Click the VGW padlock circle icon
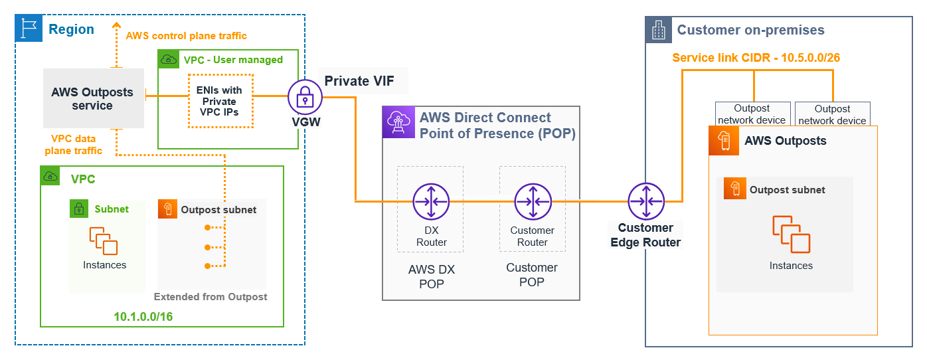pos(305,98)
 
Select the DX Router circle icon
pos(431,202)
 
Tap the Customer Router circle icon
pos(533,202)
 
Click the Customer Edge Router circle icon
pos(646,202)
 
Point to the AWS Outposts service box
pos(93,98)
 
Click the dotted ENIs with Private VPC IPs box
pos(219,101)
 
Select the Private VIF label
pos(359,81)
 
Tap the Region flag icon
pos(29,29)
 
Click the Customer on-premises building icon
pos(658,29)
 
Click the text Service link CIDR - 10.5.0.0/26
pos(756,58)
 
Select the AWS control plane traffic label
pos(186,35)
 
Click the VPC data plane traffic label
pos(73,145)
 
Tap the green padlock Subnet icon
pos(79,209)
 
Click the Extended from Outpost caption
pos(211,297)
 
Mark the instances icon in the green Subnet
pos(104,240)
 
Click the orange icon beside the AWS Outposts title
pos(723,141)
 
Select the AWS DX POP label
pos(431,277)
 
